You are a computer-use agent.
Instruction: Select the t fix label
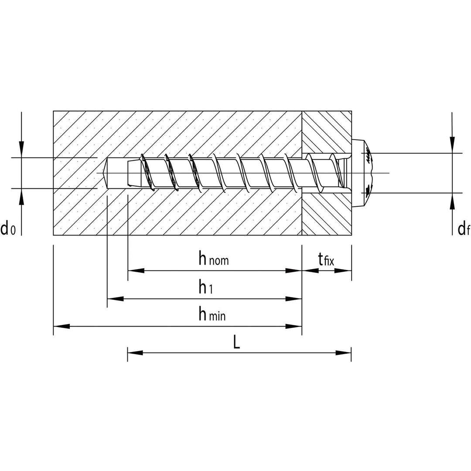pyautogui.click(x=326, y=259)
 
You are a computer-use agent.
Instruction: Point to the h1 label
pyautogui.click(x=206, y=287)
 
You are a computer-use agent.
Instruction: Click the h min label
pyautogui.click(x=212, y=314)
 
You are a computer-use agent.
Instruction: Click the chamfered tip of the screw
pyautogui.click(x=134, y=173)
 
